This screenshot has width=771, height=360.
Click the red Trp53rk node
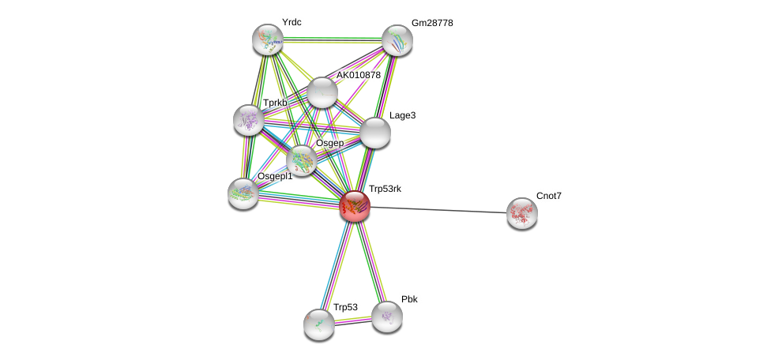tap(355, 206)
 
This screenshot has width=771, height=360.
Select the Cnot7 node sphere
tap(521, 213)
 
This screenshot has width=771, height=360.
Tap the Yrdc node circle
tap(268, 39)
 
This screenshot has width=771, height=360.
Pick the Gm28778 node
tap(397, 40)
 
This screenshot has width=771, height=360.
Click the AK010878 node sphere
tap(322, 92)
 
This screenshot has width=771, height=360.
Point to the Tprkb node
tap(248, 119)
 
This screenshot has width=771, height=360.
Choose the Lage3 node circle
tap(375, 133)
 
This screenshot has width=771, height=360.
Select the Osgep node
tap(301, 160)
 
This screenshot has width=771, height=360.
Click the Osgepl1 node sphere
tap(243, 193)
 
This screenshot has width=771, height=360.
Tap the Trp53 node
tap(319, 324)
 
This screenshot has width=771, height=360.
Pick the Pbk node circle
tap(387, 317)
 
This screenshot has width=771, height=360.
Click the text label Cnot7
tap(549, 196)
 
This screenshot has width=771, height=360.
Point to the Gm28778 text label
tap(432, 24)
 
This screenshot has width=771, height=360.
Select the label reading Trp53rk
tap(385, 189)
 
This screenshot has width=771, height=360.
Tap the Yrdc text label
tap(291, 22)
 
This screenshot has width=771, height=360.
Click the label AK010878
tap(359, 76)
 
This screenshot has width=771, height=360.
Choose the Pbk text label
tap(409, 299)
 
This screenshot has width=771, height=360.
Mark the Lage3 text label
tap(402, 116)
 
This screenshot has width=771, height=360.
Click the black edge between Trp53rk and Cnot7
tap(438, 210)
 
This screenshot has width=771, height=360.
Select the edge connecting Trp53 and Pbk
tap(353, 321)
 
